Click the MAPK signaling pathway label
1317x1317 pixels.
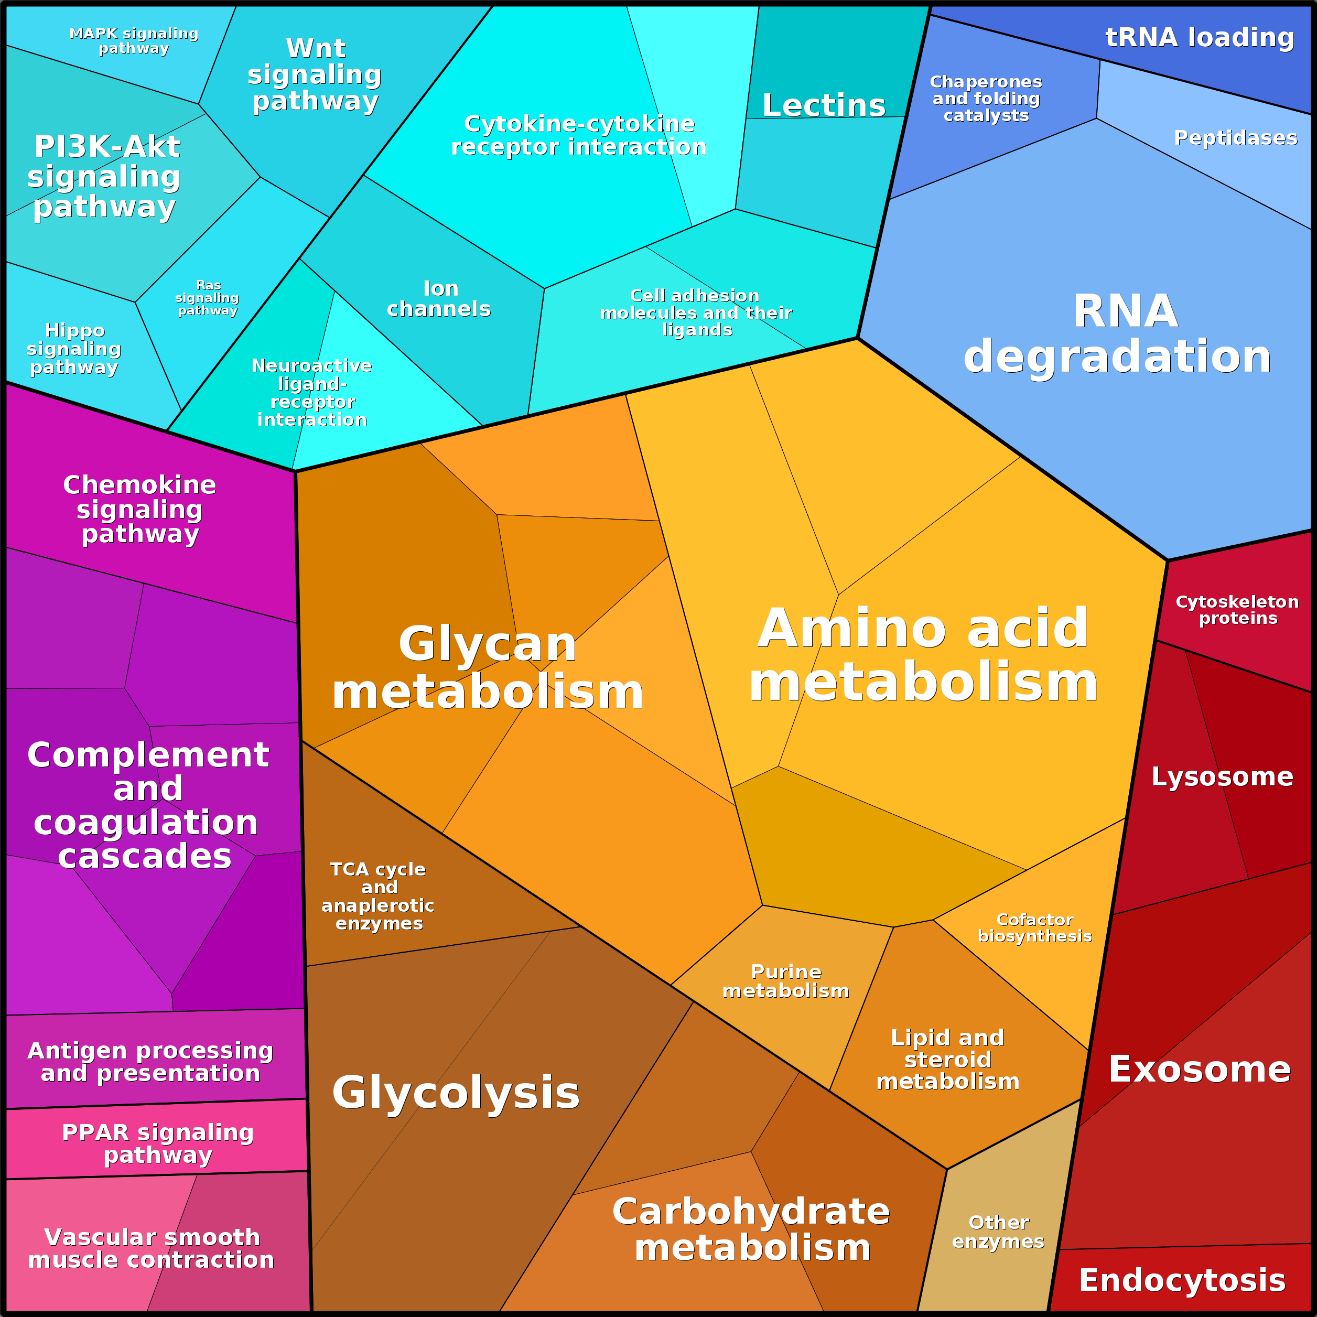[x=134, y=41]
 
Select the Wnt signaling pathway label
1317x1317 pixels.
[x=315, y=75]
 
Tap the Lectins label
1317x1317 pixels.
[x=824, y=106]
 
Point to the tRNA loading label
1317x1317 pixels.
[x=1200, y=38]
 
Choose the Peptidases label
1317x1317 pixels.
[x=1236, y=138]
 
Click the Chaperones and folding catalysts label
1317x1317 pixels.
[x=986, y=99]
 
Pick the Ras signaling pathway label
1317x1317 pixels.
[x=207, y=298]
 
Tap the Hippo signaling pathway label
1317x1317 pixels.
[x=74, y=349]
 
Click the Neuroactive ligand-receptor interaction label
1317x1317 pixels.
[x=312, y=393]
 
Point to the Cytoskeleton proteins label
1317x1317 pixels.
[x=1237, y=610]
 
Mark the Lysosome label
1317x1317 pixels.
[x=1222, y=777]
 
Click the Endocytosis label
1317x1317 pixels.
[x=1183, y=1280]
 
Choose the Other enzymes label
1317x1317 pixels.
[x=998, y=1233]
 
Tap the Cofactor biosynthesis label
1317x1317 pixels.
[x=1035, y=928]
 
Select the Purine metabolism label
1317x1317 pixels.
[x=786, y=981]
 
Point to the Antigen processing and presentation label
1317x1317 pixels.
[x=150, y=1062]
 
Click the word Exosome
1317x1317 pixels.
[x=1200, y=1070]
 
